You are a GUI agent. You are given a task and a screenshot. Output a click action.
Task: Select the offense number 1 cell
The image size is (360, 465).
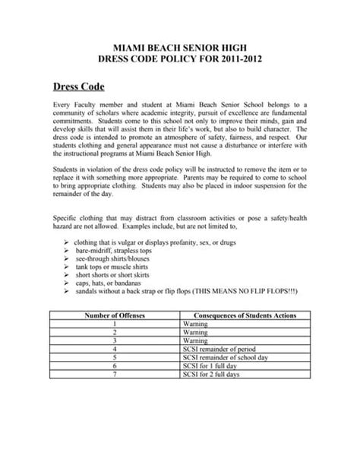point(113,324)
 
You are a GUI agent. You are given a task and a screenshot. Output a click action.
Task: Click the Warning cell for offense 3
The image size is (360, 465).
point(196,342)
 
